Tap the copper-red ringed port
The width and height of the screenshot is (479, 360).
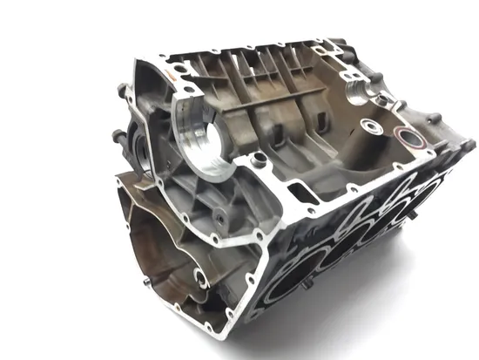pyautogui.click(x=405, y=137)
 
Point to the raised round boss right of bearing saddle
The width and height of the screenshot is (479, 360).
pyautogui.click(x=257, y=160)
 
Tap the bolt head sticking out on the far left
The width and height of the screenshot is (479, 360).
pyautogui.click(x=116, y=135)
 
